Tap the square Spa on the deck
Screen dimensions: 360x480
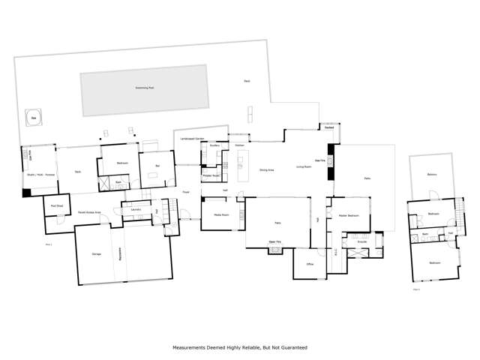pyautogui.click(x=33, y=117)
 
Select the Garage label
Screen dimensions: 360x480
pyautogui.click(x=96, y=255)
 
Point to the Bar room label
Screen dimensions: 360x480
pyautogui.click(x=157, y=165)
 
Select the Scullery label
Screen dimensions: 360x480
pyautogui.click(x=214, y=145)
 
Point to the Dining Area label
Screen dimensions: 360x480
pyautogui.click(x=266, y=170)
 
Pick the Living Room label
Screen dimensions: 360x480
pyautogui.click(x=303, y=166)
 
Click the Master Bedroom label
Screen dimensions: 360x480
pyautogui.click(x=348, y=215)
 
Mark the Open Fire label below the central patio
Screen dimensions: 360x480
pyautogui.click(x=275, y=241)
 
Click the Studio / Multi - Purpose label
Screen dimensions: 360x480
pyautogui.click(x=40, y=174)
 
